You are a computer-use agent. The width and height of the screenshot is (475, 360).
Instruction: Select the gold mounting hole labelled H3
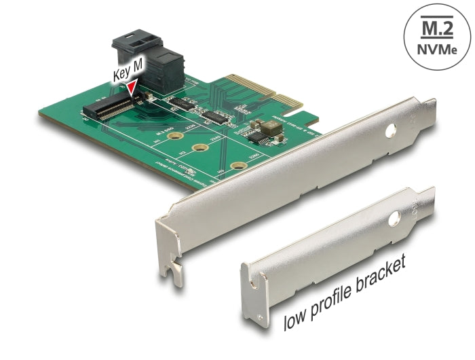[x=236, y=164]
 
